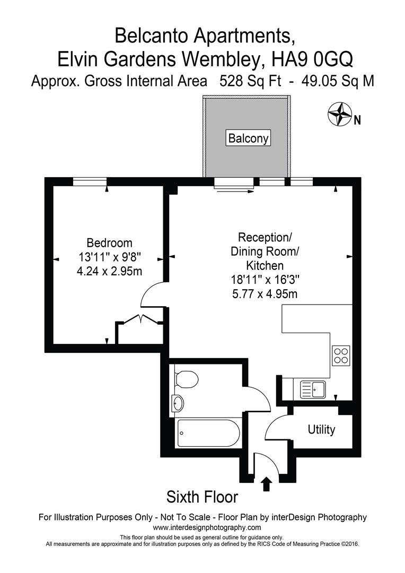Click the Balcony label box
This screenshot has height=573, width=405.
coord(249,138)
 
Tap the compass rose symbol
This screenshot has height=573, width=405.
coord(340,114)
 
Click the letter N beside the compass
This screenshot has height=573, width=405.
coord(357,120)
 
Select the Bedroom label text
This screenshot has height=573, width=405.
coord(109,243)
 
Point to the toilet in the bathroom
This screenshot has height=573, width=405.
coord(186,379)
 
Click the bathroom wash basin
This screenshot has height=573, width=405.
coord(178,404)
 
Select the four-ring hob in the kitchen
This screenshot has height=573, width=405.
coord(340,355)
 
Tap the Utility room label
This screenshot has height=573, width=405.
coord(321,430)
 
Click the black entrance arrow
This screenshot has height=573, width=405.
coord(266,483)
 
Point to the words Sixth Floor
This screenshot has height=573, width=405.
coord(202,497)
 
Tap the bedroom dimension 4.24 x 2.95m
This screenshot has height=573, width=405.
coord(109,271)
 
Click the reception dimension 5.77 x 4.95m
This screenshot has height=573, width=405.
coord(263,293)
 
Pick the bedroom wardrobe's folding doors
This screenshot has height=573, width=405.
coord(139,320)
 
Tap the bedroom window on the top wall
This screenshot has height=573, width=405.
coord(90,181)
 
